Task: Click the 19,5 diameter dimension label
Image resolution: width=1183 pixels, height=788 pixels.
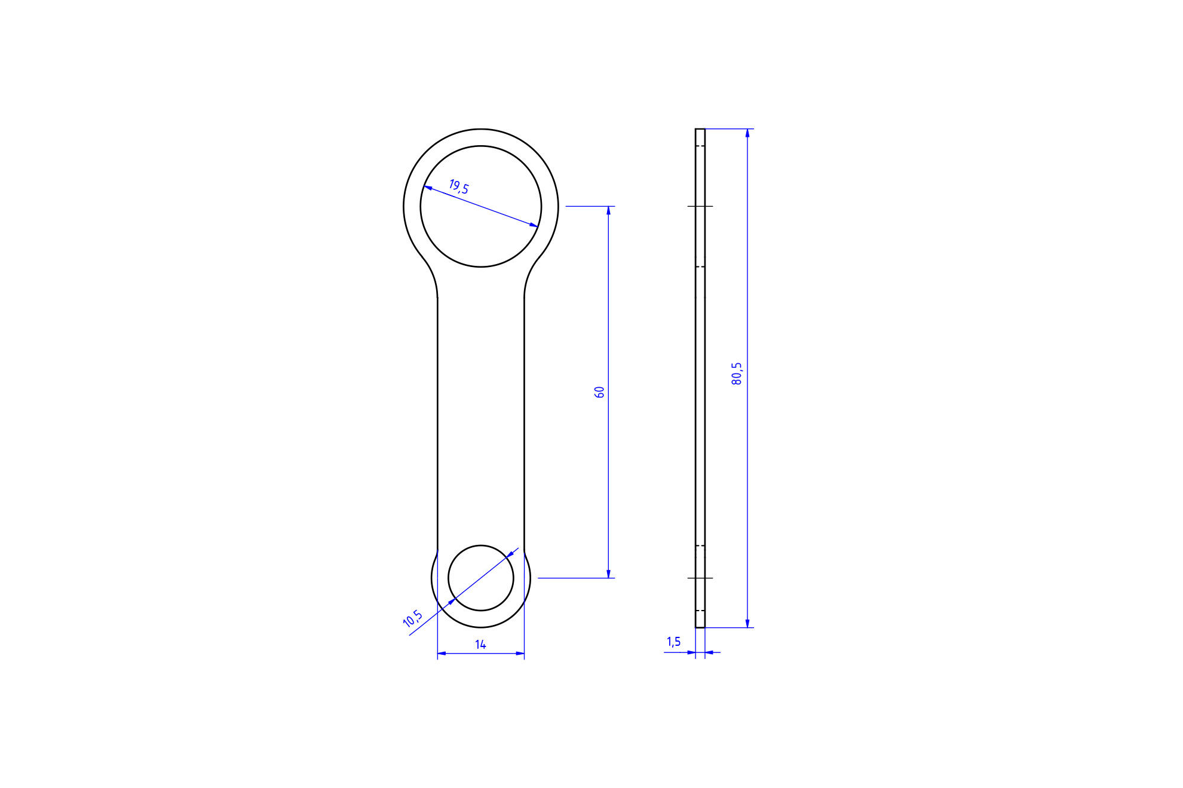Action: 459,187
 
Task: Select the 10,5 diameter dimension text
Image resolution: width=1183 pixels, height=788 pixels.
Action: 413,618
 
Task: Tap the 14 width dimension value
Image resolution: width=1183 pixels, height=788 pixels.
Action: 481,644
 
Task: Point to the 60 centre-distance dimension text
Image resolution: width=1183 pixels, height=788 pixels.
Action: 599,392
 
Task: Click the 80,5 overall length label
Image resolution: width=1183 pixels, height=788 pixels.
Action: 737,373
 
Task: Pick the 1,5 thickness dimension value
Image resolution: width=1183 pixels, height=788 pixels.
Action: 673,642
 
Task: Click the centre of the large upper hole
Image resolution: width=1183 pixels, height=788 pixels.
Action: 481,207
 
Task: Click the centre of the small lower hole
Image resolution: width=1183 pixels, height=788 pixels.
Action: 481,578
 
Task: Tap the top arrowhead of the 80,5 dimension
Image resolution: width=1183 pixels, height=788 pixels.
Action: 747,133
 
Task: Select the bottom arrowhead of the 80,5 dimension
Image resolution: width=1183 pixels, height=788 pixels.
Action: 747,623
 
